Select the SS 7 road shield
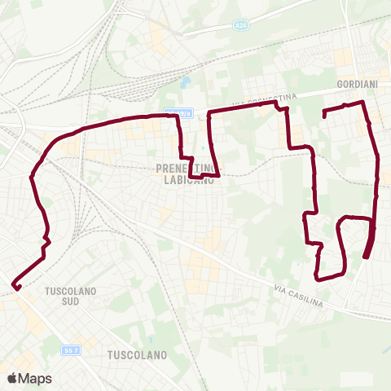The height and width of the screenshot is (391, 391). [x=70, y=349]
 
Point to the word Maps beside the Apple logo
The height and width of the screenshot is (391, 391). [x=35, y=378]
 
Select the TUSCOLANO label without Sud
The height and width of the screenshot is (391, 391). [x=137, y=355]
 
